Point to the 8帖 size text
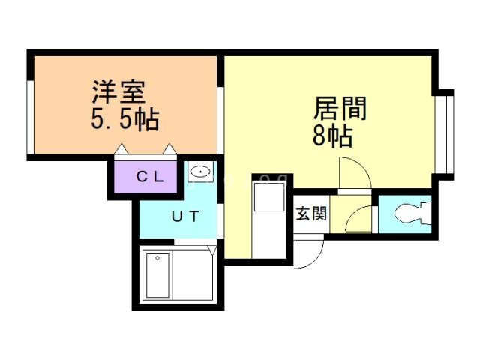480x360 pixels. pyautogui.click(x=330, y=136)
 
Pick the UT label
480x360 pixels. pyautogui.click(x=184, y=217)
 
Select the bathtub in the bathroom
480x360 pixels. pyautogui.click(x=158, y=275)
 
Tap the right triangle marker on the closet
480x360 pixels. pyautogui.click(x=170, y=150)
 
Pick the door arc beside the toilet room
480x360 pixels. pyautogui.click(x=359, y=220)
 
